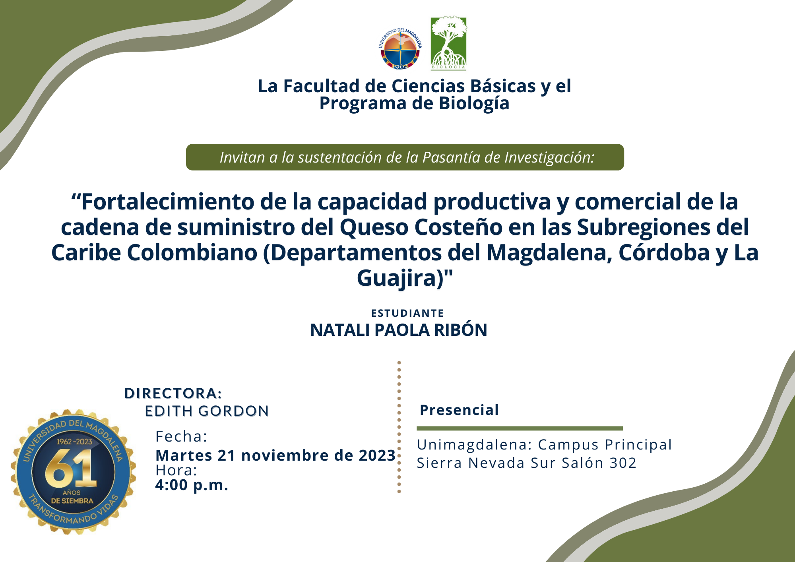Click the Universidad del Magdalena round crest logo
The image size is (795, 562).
click(x=400, y=48)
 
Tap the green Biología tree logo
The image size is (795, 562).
click(x=449, y=43)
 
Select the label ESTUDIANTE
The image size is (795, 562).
click(x=407, y=313)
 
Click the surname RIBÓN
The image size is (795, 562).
click(x=461, y=330)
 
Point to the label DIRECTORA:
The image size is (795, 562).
click(x=173, y=393)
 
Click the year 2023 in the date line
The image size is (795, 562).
click(x=377, y=455)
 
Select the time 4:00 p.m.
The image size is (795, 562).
click(x=192, y=485)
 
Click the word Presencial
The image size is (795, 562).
click(x=459, y=410)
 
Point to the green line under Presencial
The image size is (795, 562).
click(x=520, y=428)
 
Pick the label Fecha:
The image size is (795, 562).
click(x=181, y=436)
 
